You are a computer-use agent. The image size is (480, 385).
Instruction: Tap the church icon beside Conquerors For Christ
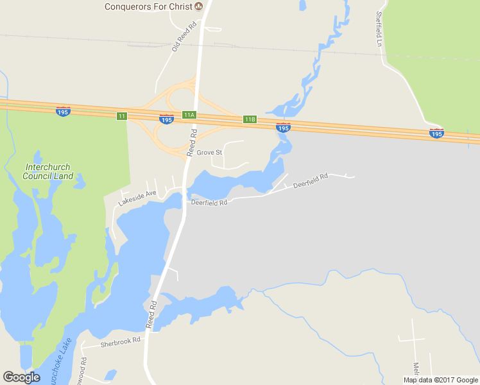[198, 6]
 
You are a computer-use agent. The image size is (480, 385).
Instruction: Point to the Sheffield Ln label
[379, 30]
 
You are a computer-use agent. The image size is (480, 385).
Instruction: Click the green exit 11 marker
[122, 116]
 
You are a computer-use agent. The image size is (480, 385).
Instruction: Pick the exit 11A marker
[188, 115]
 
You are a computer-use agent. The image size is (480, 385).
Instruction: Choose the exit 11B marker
[250, 119]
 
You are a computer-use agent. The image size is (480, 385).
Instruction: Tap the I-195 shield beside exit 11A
[166, 119]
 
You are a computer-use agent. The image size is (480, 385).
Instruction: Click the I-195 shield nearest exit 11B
[282, 128]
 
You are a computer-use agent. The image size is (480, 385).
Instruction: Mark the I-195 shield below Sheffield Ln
[436, 133]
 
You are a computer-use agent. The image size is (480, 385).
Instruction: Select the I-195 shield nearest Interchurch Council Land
[63, 111]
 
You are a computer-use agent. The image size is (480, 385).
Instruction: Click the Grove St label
[209, 153]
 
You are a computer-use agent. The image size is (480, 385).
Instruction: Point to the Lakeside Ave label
[137, 198]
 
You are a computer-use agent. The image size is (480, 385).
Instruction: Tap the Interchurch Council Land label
[49, 171]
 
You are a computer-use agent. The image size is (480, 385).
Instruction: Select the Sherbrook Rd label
[120, 342]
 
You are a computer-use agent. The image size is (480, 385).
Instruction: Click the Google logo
[21, 377]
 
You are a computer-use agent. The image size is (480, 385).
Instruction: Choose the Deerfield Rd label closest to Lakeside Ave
[209, 203]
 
